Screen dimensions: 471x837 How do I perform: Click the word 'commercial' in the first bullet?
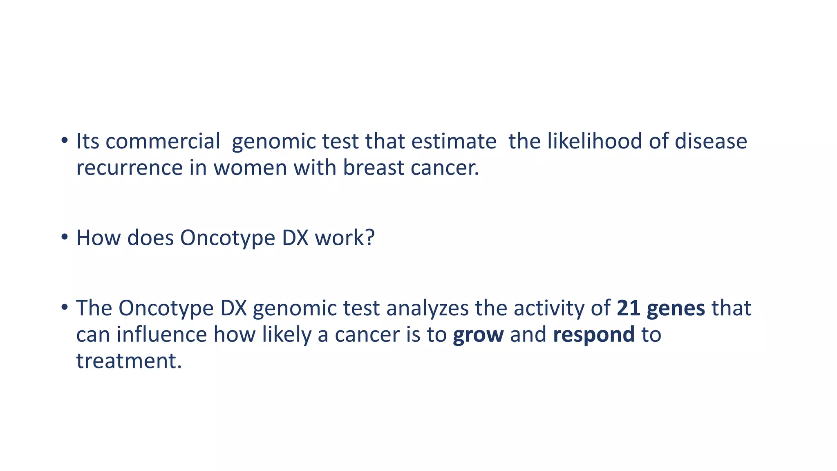coord(163,141)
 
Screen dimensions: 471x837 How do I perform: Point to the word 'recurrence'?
coord(130,168)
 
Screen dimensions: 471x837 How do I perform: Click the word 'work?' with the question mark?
coord(345,238)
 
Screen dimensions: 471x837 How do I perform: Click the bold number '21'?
coord(628,308)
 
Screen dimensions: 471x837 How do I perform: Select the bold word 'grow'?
coord(478,335)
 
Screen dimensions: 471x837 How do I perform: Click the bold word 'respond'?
coord(593,335)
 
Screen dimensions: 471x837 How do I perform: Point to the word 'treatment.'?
coord(129,361)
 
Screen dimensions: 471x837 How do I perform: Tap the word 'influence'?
coord(161,334)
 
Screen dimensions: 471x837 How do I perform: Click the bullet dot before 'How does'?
coord(64,237)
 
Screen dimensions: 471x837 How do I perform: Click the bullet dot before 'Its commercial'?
coord(64,141)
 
